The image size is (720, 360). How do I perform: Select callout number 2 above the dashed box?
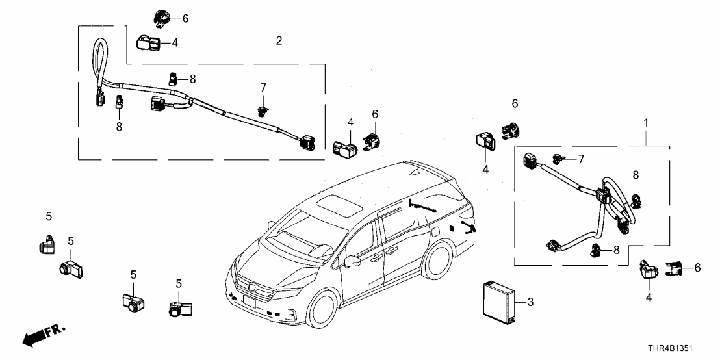[x=279, y=41]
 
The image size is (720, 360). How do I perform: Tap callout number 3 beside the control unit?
[x=530, y=302]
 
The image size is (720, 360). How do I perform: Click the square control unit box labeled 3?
[x=500, y=300]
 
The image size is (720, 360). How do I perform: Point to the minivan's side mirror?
[x=352, y=261]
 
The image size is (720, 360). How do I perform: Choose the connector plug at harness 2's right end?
[x=307, y=142]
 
